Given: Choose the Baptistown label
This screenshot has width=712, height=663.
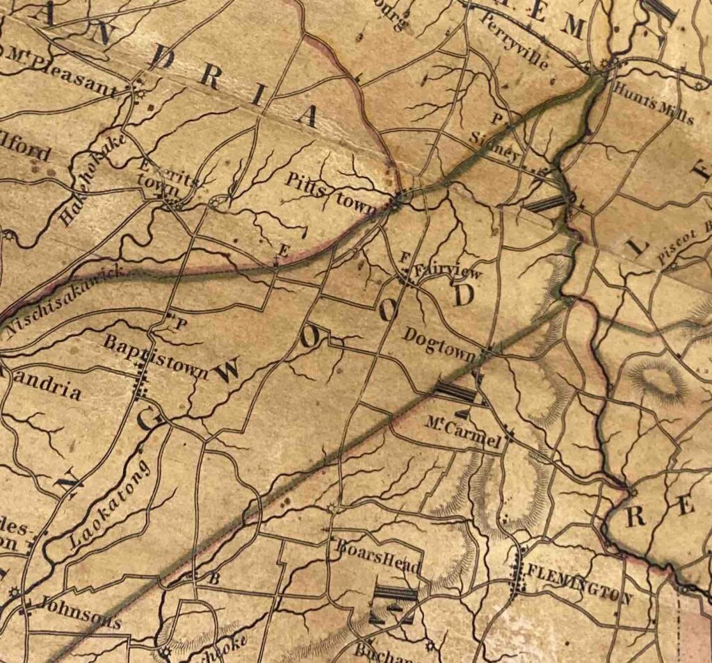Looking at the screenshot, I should [154, 356].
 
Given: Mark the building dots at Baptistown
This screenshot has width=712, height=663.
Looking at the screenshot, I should [141, 381].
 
